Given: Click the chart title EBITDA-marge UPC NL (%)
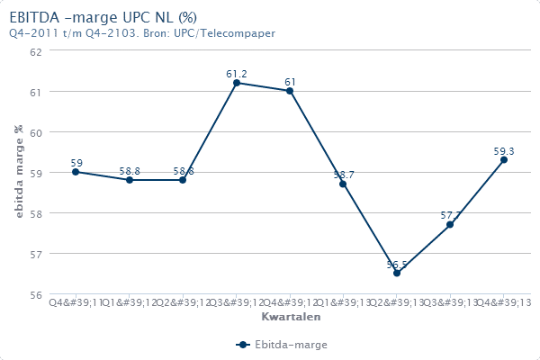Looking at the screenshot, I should click(103, 17).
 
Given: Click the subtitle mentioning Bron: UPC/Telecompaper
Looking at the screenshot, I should click(142, 33).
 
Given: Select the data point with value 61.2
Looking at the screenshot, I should click(237, 83).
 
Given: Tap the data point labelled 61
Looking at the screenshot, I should click(290, 91).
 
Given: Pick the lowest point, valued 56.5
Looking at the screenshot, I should click(397, 273).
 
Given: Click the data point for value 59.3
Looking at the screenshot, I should click(504, 159).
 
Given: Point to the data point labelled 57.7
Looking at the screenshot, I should click(450, 224).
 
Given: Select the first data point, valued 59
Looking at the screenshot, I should click(76, 172).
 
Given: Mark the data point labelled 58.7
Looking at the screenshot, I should click(343, 184).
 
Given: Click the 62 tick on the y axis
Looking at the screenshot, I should click(37, 51).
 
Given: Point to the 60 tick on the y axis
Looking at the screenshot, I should click(37, 132).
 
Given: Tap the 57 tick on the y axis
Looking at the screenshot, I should click(37, 254).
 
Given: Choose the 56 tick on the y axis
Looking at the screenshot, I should click(37, 294).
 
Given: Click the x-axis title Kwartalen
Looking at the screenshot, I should click(290, 318).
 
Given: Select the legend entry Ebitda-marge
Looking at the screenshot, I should click(282, 345).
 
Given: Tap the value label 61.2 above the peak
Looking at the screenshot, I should click(237, 73).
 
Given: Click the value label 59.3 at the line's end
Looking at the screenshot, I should click(504, 151).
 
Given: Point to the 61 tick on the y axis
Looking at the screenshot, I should click(37, 92).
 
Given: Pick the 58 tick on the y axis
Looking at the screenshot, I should click(37, 213).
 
